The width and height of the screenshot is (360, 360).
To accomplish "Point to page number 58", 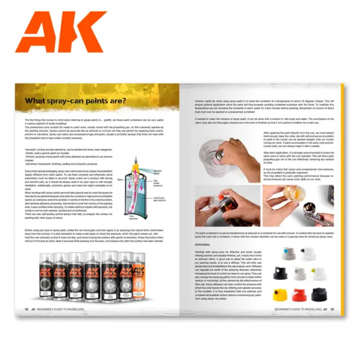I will (x=26, y=325).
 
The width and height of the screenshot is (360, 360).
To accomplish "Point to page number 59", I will (x=332, y=325).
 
